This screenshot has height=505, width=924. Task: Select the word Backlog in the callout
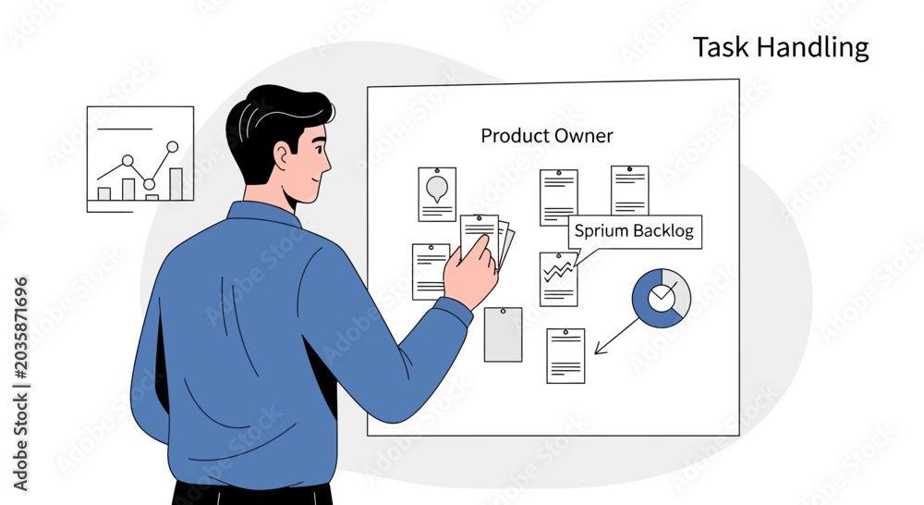tap(664, 230)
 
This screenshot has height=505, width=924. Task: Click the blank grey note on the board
tap(503, 335)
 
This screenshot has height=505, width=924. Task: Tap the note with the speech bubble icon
tap(437, 194)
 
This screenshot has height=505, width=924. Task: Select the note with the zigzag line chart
tap(558, 279)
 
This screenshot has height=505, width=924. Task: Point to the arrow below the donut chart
tap(616, 337)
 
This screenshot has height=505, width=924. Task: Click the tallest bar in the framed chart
tap(176, 184)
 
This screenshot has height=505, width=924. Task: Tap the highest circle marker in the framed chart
tap(172, 147)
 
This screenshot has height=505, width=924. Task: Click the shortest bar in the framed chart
tap(152, 198)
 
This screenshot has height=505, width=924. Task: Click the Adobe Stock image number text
tap(20, 328)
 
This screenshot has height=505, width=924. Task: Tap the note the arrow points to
tap(565, 356)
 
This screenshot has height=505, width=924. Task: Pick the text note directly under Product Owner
tap(559, 198)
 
